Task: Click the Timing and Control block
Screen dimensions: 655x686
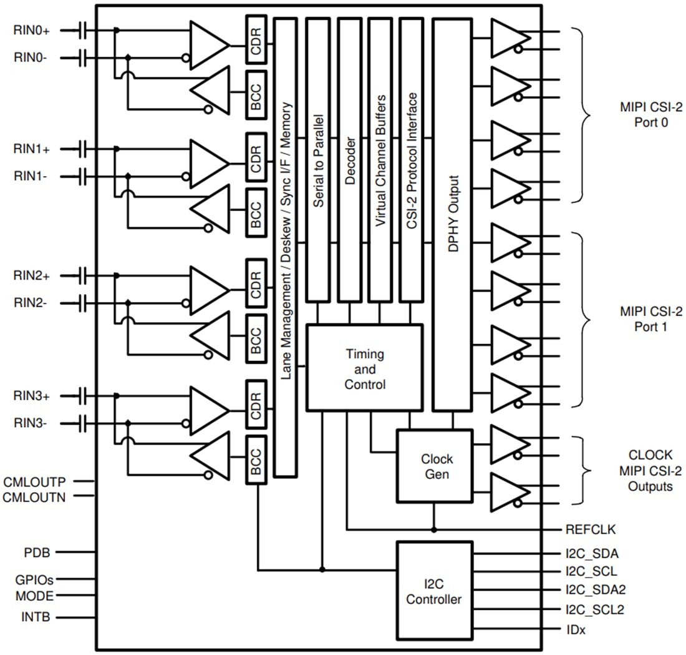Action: tap(365, 368)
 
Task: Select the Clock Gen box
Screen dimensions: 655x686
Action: tap(434, 466)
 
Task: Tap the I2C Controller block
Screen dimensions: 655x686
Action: tap(434, 591)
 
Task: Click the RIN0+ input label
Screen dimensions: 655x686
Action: tap(36, 29)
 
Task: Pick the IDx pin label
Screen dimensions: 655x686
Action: tap(576, 630)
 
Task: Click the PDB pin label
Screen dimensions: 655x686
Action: tap(37, 553)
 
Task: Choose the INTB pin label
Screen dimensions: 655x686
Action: tap(36, 618)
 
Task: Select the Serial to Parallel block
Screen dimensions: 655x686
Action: tap(318, 159)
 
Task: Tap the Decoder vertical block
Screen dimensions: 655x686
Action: tap(349, 159)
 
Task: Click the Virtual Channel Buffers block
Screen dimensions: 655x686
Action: tap(380, 159)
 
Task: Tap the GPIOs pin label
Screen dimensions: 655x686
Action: tap(34, 579)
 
